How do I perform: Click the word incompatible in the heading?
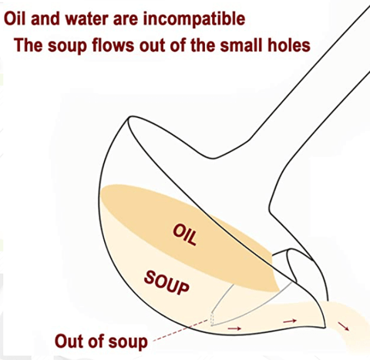(194, 19)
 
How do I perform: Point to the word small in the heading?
(240, 45)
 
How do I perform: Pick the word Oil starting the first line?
(15, 19)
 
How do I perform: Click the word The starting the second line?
(29, 45)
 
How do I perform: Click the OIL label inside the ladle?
(185, 234)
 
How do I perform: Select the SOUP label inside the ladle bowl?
(166, 283)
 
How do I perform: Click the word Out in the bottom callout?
(68, 341)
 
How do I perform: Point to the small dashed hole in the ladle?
(212, 320)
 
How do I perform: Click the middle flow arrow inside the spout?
(290, 321)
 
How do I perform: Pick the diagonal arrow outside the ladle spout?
(343, 326)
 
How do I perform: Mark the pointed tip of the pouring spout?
(325, 328)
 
